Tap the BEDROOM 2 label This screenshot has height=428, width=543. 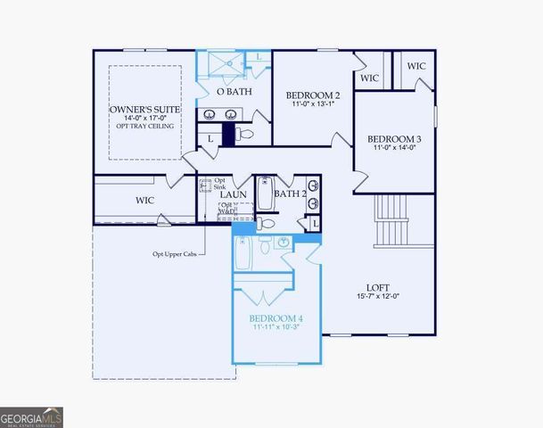312,95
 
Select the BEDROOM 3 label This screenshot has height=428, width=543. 394,139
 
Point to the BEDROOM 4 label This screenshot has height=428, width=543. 276,318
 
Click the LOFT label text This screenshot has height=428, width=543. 378,287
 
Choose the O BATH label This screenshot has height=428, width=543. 234,91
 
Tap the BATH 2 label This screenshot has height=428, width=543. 290,193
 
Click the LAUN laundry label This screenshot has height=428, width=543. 234,193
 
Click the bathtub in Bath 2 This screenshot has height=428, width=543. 265,193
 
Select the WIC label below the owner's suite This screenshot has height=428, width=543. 145,201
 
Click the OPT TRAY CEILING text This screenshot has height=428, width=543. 145,126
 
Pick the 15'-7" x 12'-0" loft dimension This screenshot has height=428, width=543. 378,297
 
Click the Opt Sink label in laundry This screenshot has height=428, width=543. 219,185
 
